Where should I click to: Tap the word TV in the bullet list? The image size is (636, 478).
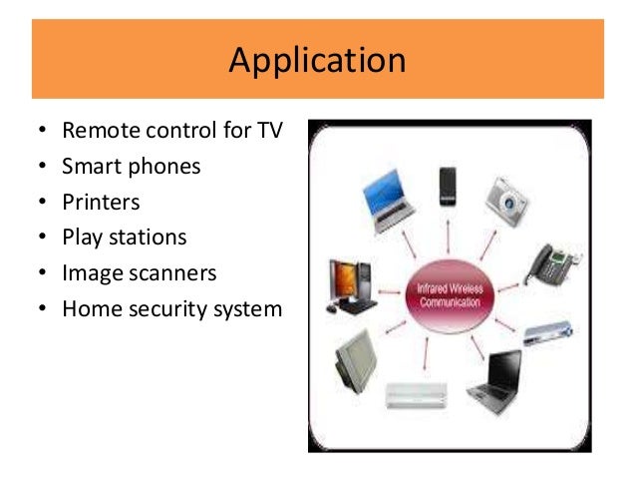pos(269,131)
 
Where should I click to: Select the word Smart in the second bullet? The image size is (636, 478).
pos(90,167)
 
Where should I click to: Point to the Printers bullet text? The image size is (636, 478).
pos(101,203)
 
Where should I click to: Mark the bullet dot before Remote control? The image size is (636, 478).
pos(41,132)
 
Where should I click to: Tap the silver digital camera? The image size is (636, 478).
pos(506,198)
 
